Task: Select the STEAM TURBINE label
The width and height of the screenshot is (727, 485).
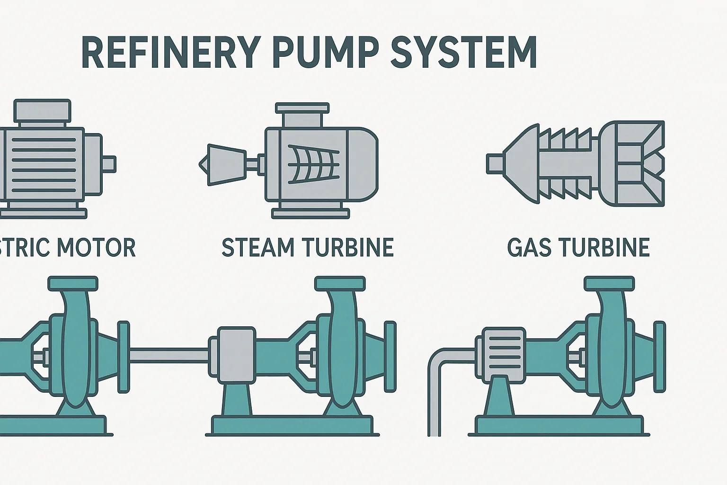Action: tap(308, 248)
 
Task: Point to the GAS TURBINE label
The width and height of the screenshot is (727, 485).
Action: tap(578, 248)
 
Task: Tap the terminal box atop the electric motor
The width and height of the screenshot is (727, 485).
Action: tap(42, 111)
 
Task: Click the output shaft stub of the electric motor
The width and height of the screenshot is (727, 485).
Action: tap(108, 164)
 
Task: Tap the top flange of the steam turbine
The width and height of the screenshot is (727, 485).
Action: tap(302, 108)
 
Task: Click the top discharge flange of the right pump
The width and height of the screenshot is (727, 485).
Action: tap(609, 284)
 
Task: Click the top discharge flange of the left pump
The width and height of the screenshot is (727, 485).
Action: tap(73, 284)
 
